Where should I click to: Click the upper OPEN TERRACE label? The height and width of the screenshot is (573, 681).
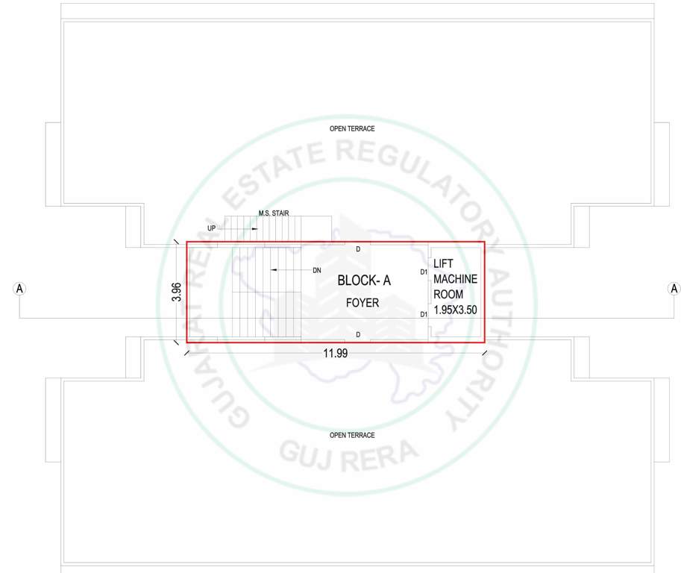352,129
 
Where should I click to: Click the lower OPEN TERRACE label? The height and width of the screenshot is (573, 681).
352,435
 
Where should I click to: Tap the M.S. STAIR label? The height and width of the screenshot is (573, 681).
274,213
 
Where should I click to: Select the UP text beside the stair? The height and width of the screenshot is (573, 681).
212,228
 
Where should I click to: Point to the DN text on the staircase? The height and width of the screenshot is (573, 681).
317,269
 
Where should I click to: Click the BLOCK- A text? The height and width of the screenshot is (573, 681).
364,281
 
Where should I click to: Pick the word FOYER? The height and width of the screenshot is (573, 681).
363,303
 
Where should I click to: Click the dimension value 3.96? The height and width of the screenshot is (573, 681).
177,292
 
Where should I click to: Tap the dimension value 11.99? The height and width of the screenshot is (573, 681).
336,354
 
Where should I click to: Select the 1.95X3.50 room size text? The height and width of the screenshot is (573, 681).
455,308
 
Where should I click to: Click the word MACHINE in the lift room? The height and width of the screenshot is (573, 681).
455,278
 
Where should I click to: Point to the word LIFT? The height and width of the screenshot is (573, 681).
443,263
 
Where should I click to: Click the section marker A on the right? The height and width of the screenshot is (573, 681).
674,289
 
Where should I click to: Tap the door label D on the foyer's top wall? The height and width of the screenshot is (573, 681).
358,249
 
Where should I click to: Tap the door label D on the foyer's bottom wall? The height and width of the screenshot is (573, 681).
358,334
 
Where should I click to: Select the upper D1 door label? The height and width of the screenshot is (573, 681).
424,272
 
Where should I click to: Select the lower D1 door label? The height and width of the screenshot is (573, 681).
424,314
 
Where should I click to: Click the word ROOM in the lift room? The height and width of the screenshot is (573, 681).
448,294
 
